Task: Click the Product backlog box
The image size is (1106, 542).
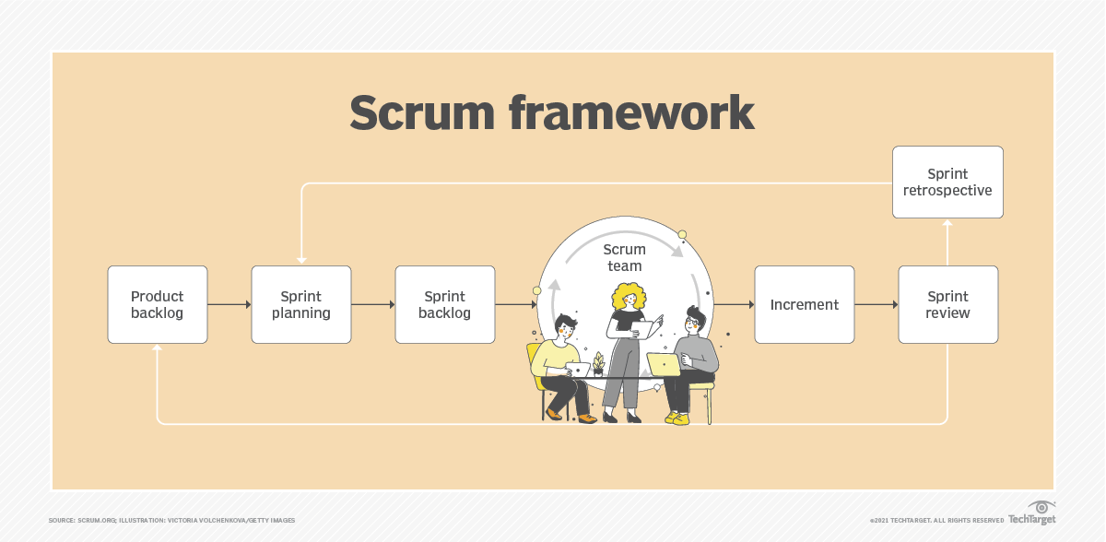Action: (x=157, y=304)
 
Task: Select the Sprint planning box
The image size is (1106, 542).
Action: (x=301, y=304)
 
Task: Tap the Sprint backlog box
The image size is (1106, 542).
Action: (x=444, y=304)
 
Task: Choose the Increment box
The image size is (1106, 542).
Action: (x=804, y=304)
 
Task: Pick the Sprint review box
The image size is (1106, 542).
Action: (x=947, y=304)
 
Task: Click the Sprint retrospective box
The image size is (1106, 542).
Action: (x=947, y=182)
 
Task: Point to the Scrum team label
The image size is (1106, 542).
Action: (x=625, y=257)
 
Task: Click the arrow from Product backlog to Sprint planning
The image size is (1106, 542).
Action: (x=229, y=304)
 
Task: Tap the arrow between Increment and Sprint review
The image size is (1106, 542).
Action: (x=876, y=304)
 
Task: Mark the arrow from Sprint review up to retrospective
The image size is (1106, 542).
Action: (x=947, y=242)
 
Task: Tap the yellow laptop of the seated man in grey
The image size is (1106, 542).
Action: (x=663, y=364)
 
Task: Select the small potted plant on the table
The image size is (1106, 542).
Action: (x=598, y=364)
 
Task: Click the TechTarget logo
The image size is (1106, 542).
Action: (x=1031, y=513)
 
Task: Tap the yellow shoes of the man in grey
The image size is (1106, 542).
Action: (x=678, y=418)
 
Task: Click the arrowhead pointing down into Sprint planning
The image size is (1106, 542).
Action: (x=301, y=261)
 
